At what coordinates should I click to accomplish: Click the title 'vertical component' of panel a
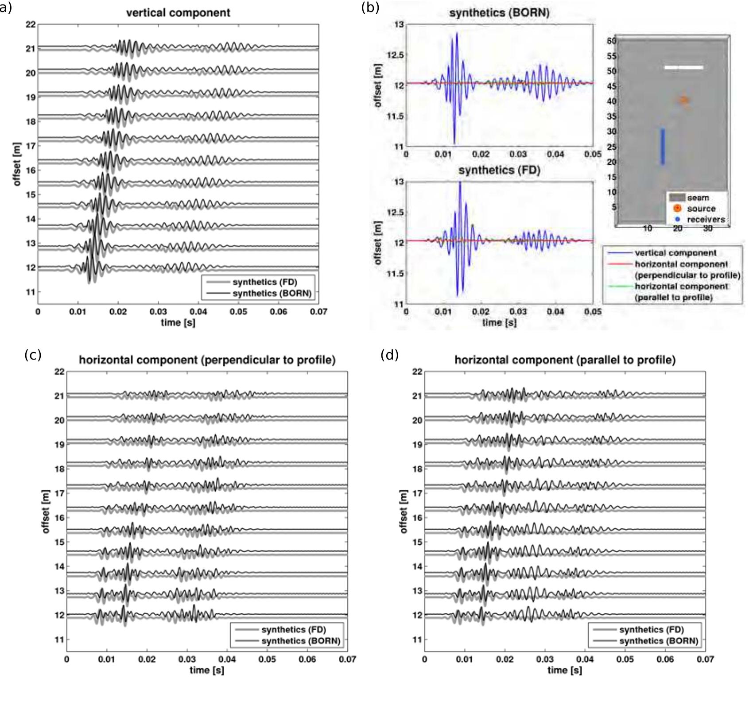click(x=178, y=12)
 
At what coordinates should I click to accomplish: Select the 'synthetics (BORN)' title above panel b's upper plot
click(x=499, y=12)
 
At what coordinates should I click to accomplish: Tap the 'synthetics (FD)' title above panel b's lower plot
click(x=499, y=170)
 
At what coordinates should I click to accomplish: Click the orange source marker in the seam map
click(x=684, y=100)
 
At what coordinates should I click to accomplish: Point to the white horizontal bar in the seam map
click(x=683, y=67)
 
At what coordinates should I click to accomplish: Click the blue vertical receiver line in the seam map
click(x=663, y=147)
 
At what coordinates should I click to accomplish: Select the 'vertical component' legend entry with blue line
click(x=675, y=253)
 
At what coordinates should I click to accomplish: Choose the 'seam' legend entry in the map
click(x=698, y=198)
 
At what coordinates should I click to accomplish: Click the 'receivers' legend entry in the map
click(x=706, y=219)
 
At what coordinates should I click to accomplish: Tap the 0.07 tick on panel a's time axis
click(x=318, y=312)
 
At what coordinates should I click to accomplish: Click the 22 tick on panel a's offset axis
click(x=30, y=24)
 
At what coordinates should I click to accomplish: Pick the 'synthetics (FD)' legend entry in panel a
click(x=264, y=282)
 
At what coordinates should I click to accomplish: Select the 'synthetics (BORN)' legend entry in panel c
click(x=300, y=641)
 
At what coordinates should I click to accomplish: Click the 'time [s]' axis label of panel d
click(x=565, y=670)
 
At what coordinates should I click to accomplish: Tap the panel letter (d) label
click(x=389, y=355)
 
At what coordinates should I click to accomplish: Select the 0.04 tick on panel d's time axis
click(x=585, y=659)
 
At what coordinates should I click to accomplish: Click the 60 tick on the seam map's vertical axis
click(x=612, y=41)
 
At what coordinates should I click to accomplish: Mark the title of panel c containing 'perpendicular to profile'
click(x=207, y=360)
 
